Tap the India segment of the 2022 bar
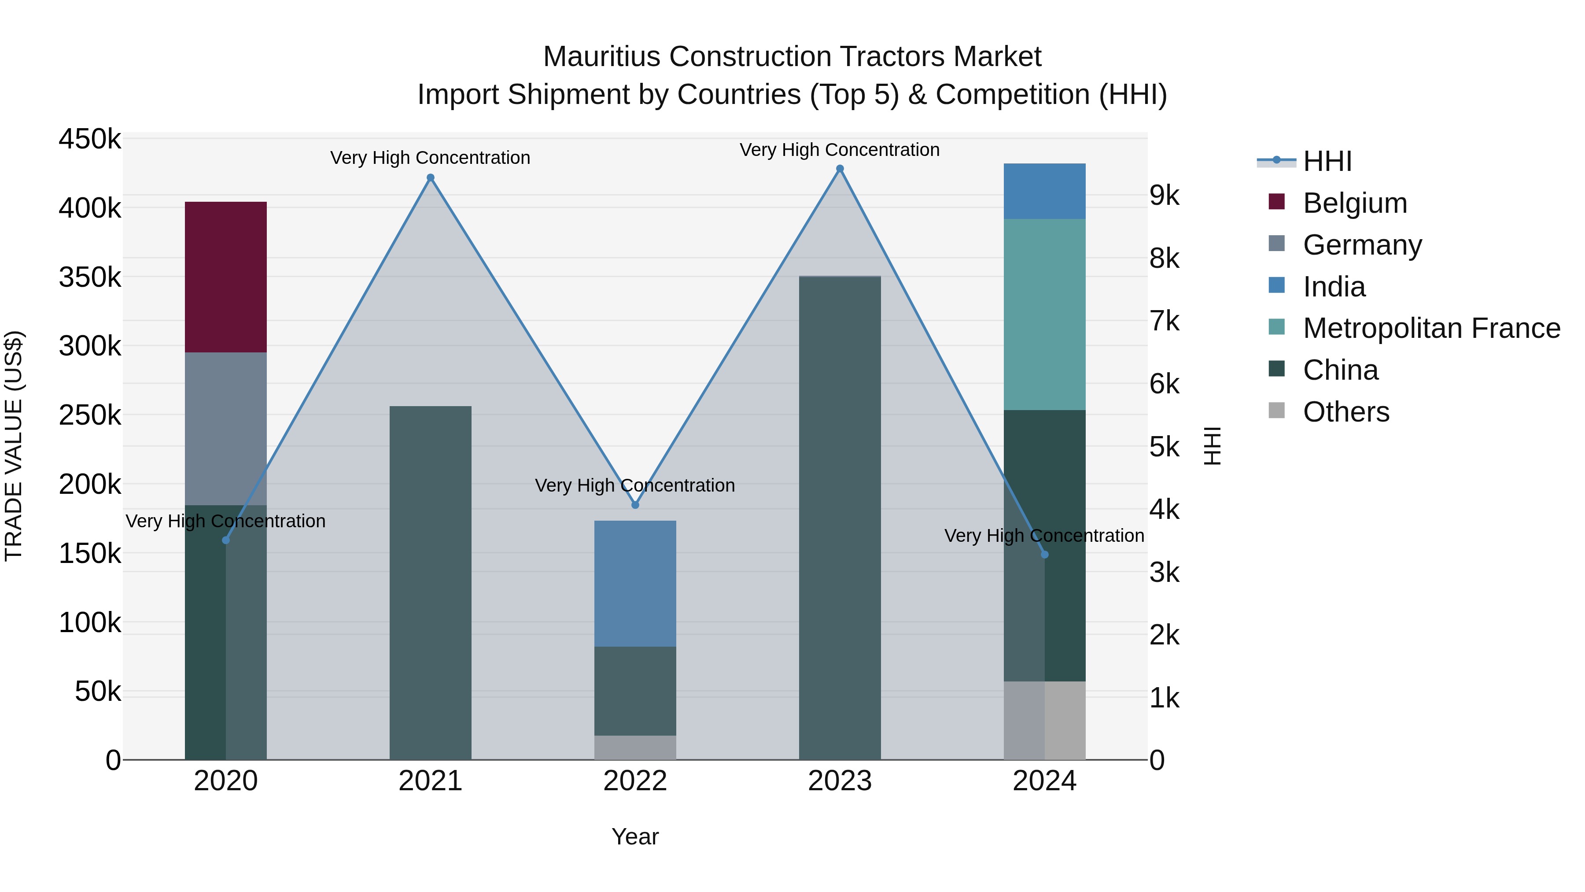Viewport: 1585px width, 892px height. (635, 584)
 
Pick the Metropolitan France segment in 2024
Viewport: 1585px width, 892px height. (1044, 315)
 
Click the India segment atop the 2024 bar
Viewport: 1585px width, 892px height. (1044, 192)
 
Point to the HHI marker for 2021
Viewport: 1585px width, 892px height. (431, 178)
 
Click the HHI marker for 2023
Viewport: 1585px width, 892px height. (840, 169)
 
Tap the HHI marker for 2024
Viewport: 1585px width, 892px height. (1044, 555)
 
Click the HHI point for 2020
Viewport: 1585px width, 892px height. (226, 540)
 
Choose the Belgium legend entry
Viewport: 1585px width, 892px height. (1354, 203)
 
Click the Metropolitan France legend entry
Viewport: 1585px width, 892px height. (1431, 328)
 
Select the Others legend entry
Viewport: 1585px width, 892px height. (1345, 412)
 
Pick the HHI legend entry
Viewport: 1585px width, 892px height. (1327, 161)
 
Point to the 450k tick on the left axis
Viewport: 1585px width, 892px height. (90, 139)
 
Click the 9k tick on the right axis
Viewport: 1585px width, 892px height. (1164, 196)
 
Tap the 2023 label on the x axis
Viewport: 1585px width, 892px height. (840, 781)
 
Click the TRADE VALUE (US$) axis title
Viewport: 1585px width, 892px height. (14, 446)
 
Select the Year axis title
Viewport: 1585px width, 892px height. (635, 836)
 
